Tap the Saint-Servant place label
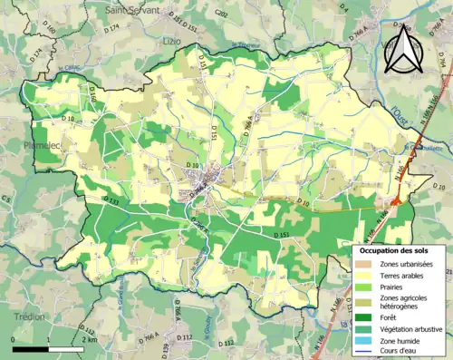tap(131, 9)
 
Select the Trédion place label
tap(29, 316)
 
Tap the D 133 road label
tap(111, 200)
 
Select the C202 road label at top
tap(221, 15)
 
